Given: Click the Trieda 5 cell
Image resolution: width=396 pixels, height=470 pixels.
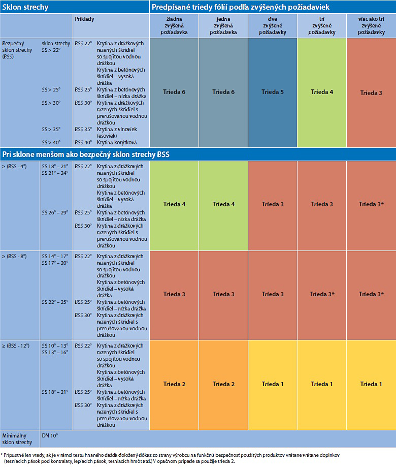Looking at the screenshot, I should (273, 92).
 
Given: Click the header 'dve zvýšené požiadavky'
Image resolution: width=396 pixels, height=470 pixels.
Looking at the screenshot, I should (273, 25).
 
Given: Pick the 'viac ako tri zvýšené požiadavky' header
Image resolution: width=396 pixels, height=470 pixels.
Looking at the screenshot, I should (371, 25).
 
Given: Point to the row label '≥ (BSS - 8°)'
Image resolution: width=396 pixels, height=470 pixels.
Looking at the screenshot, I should (15, 256).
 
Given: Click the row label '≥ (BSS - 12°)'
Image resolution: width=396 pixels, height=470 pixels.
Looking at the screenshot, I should (16, 346).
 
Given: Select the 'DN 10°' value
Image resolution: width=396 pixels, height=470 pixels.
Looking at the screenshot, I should (50, 435).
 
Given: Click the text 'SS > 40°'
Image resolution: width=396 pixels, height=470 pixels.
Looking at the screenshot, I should (51, 143).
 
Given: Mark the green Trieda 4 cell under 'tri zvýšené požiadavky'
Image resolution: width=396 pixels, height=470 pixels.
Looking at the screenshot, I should (322, 92).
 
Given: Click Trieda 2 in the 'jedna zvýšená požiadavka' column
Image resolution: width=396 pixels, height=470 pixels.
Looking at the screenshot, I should (223, 384).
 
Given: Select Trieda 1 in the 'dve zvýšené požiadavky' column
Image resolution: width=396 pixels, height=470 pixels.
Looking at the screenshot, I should (273, 384).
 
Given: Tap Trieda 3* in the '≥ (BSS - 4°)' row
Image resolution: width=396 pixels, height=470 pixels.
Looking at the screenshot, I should (371, 204).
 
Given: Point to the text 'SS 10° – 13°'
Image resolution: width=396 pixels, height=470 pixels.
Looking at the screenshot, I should (55, 346).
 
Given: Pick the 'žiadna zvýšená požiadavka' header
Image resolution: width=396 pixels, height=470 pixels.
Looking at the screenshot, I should (174, 25).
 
